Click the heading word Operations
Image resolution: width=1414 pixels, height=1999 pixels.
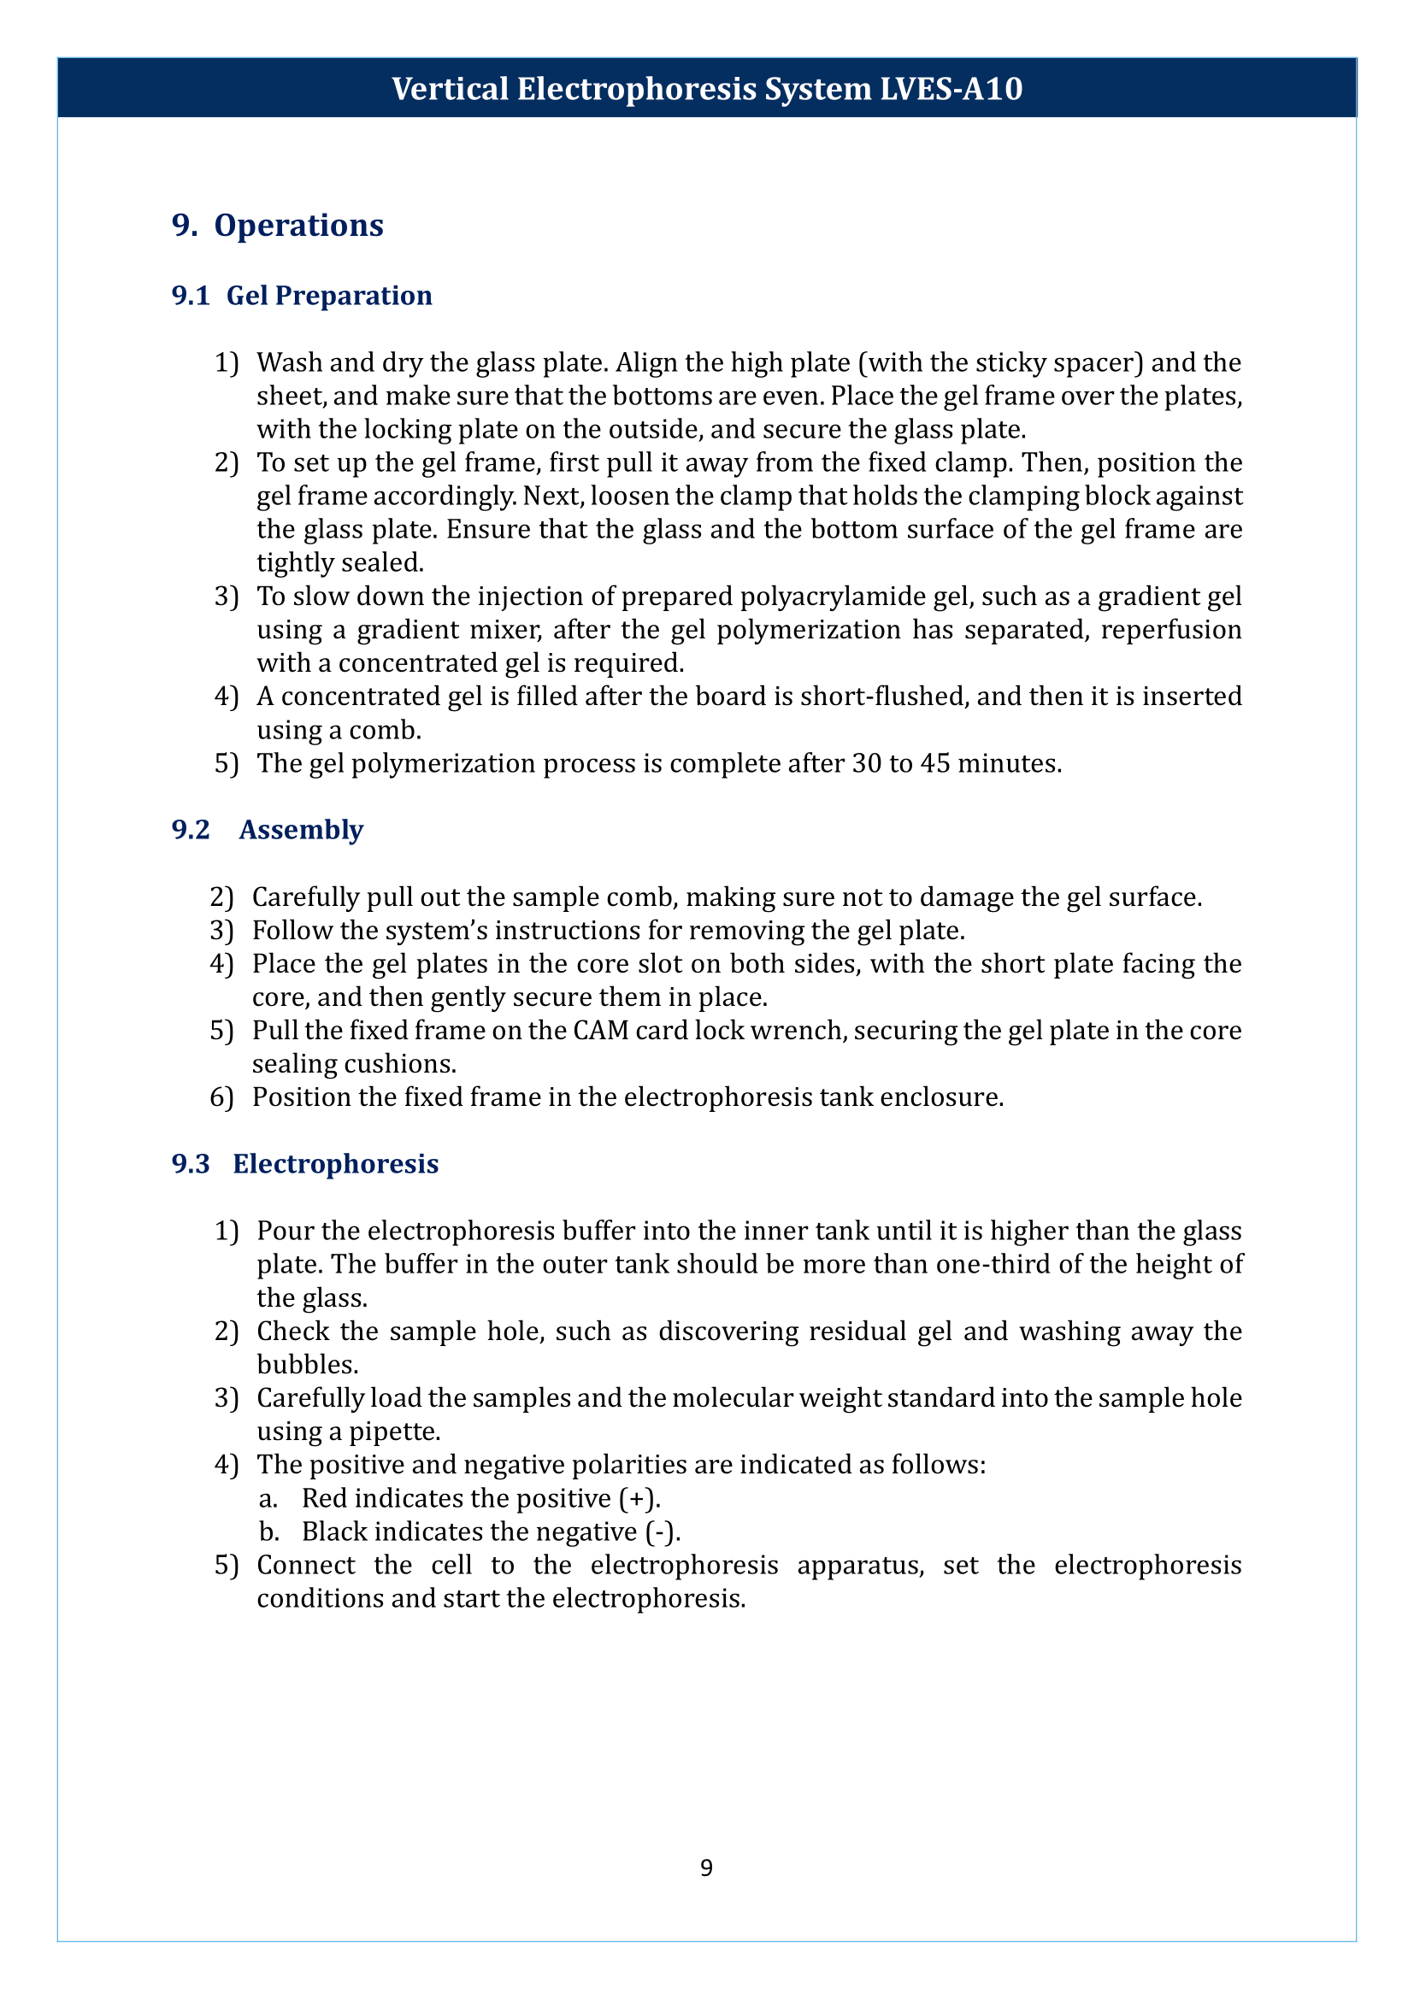(298, 226)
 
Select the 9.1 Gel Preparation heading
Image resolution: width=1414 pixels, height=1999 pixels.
(302, 296)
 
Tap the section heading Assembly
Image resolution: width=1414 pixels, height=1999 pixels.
(301, 830)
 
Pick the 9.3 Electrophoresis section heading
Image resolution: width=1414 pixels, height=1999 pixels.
(305, 1164)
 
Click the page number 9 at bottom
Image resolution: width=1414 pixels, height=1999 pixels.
(706, 1867)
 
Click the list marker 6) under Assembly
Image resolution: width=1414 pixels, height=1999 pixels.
(221, 1097)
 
